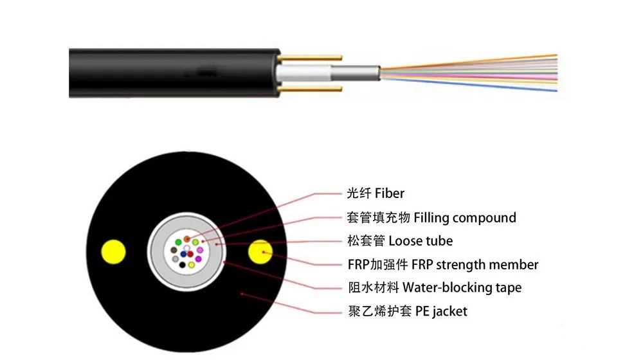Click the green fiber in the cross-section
[195, 243]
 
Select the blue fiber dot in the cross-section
[191, 264]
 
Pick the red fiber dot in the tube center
[191, 254]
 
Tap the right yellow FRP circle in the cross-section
[260, 251]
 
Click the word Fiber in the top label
[390, 193]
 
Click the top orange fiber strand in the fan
[514, 57]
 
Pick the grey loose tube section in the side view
[358, 72]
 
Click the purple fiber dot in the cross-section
[198, 259]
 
